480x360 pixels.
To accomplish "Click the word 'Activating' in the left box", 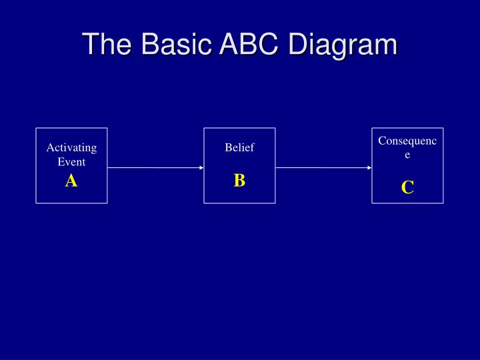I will coord(71,147).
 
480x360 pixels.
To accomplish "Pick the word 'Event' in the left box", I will coord(71,161).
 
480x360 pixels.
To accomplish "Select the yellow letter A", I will coord(71,180).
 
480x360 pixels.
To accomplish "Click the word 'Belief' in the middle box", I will coord(239,147).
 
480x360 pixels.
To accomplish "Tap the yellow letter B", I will coord(239,180).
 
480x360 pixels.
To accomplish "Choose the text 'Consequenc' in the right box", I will coord(407,141).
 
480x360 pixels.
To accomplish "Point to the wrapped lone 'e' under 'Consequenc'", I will coord(407,155).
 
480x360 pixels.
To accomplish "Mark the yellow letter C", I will coord(407,187).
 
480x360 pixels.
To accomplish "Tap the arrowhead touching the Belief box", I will coord(201,168).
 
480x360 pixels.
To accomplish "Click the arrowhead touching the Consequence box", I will coord(369,168).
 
